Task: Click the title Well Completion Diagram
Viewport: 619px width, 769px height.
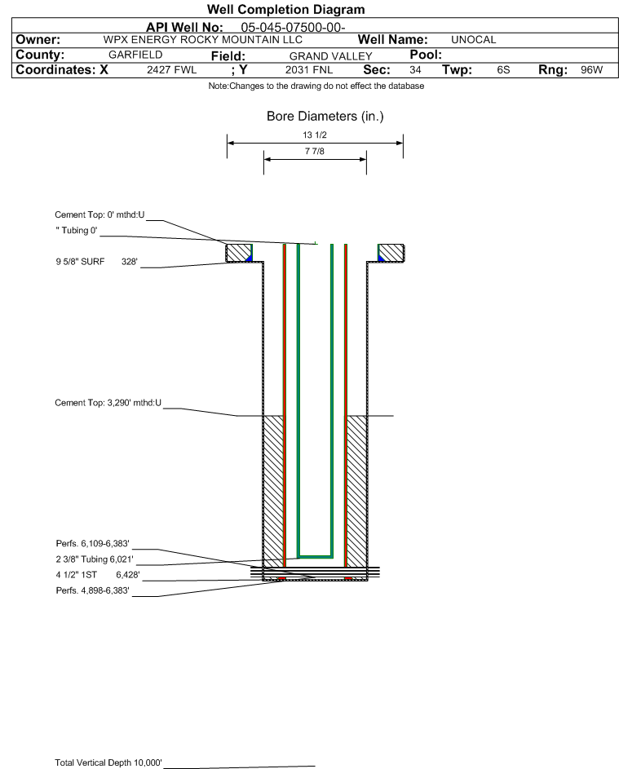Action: [286, 9]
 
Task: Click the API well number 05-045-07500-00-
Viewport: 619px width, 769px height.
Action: [293, 28]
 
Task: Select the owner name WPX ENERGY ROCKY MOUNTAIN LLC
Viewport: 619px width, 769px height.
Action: [202, 40]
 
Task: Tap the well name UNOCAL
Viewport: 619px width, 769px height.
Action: [473, 40]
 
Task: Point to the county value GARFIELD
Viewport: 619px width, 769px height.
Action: [135, 55]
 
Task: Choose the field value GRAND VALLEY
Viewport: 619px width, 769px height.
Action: [330, 56]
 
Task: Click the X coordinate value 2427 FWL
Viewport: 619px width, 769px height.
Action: [171, 69]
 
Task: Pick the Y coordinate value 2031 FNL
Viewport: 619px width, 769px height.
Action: [309, 69]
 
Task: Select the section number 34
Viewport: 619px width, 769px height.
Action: [415, 69]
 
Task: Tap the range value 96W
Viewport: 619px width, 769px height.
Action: [591, 69]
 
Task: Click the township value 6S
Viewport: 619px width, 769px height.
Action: [503, 69]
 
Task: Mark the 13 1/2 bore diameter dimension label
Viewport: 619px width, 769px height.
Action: [315, 135]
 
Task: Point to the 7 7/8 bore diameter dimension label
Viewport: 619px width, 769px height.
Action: [315, 151]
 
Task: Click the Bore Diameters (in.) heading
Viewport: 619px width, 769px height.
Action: [325, 117]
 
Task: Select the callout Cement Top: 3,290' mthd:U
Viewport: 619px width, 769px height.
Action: [108, 403]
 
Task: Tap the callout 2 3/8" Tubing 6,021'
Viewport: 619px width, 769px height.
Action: [94, 559]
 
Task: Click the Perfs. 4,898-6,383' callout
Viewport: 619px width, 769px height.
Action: [92, 590]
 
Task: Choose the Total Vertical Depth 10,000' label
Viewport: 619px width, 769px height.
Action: [108, 762]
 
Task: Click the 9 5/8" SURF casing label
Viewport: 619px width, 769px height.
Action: [80, 262]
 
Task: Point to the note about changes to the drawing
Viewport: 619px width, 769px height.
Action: [316, 86]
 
